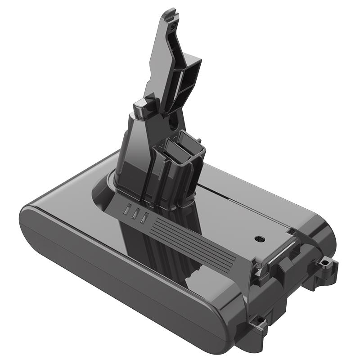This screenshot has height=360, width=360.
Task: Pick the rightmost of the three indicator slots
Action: coord(144,218)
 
